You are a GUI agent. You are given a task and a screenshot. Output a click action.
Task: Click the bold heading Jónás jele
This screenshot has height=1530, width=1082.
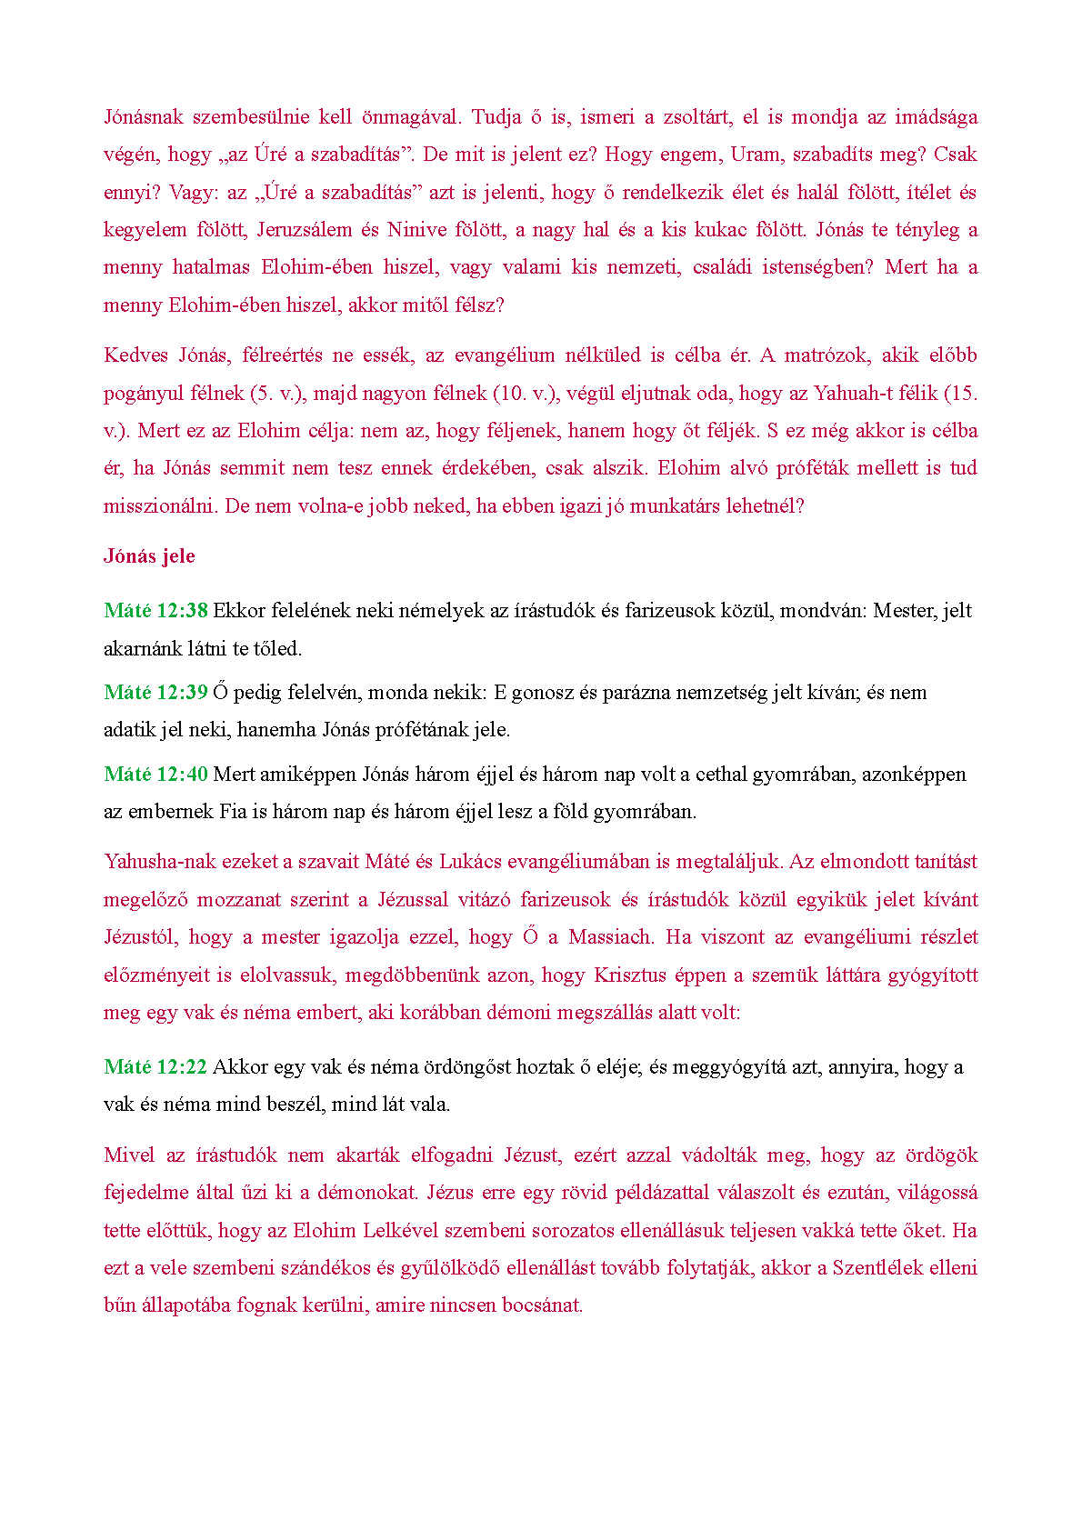(x=149, y=556)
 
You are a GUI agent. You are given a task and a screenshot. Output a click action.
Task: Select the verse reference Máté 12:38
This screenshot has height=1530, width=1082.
(x=155, y=611)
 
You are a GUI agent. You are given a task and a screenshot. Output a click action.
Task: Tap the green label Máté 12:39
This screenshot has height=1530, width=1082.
(x=155, y=693)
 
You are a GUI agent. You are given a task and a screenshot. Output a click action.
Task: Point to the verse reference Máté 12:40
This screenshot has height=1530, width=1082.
(x=155, y=775)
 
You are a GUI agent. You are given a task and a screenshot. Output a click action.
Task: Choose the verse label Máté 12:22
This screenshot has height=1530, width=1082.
(x=155, y=1067)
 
